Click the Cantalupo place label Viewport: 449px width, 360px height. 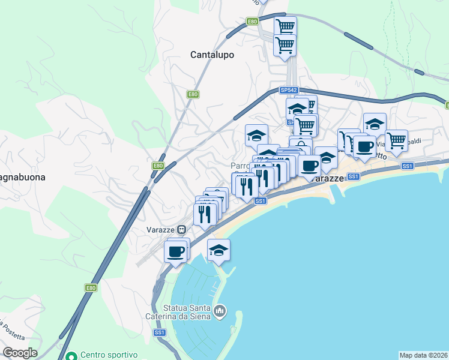pyautogui.click(x=212, y=55)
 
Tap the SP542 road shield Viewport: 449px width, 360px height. pyautogui.click(x=288, y=90)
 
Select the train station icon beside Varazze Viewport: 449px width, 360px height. pyautogui.click(x=181, y=230)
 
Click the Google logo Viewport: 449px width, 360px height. pyautogui.click(x=20, y=353)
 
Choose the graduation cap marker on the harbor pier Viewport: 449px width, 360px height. pyautogui.click(x=218, y=250)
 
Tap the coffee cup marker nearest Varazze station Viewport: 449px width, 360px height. pyautogui.click(x=175, y=251)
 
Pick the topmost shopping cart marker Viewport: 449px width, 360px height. pyautogui.click(x=285, y=26)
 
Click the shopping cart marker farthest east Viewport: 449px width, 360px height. pyautogui.click(x=396, y=141)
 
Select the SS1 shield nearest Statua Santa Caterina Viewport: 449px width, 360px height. pyautogui.click(x=159, y=332)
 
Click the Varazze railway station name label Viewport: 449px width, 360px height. pyautogui.click(x=160, y=230)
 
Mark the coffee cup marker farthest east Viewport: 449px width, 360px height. pyautogui.click(x=364, y=146)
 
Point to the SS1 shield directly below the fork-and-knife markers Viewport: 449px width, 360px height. pyautogui.click(x=260, y=201)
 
